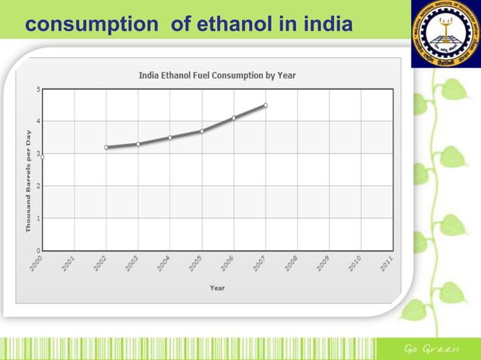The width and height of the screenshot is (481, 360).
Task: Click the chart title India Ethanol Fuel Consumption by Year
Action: coord(217,75)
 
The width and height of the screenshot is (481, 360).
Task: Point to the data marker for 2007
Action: coord(265,105)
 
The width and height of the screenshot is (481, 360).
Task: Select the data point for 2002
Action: coord(106,148)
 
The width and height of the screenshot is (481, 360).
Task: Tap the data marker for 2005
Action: coord(202,131)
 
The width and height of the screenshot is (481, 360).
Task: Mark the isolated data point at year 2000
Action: coord(42,157)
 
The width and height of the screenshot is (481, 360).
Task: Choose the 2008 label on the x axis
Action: coord(291,264)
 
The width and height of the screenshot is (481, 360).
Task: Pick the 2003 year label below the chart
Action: coord(132,264)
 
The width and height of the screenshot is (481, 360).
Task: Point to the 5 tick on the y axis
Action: coord(38,90)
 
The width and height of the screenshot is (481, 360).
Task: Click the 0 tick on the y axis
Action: coord(38,249)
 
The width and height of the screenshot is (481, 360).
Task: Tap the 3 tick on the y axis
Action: coord(38,154)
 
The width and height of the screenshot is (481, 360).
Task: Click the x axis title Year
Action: coord(217,287)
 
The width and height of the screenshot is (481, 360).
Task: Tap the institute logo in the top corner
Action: coord(445,34)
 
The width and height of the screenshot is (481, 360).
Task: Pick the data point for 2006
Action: coord(234,118)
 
